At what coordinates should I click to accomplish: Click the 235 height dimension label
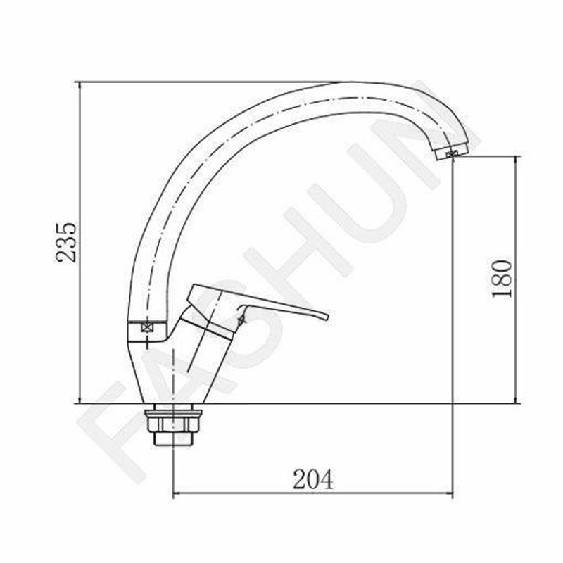pos(66,242)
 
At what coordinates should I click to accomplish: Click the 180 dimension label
pos(502,279)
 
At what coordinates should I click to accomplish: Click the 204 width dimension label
pos(312,479)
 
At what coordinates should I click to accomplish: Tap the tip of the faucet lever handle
pos(327,317)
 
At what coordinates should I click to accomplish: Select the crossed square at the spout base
pos(146,327)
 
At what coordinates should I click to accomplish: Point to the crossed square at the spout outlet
pos(451,154)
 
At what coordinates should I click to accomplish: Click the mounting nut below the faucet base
pos(172,422)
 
